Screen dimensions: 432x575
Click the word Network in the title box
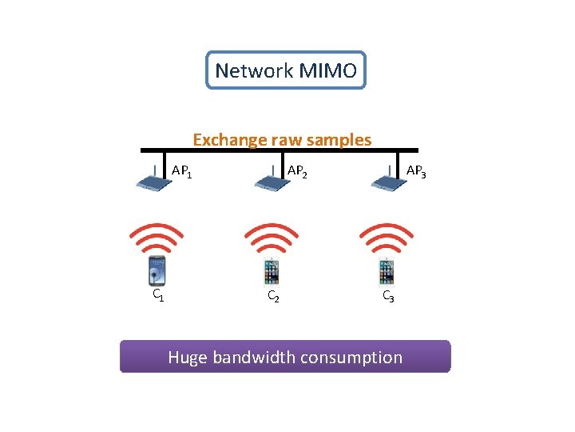254,71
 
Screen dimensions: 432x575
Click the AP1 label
181,171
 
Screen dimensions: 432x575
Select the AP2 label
297,171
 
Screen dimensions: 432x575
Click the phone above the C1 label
157,272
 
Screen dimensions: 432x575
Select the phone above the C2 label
272,272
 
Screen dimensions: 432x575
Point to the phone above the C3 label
387,272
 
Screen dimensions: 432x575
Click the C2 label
272,297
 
